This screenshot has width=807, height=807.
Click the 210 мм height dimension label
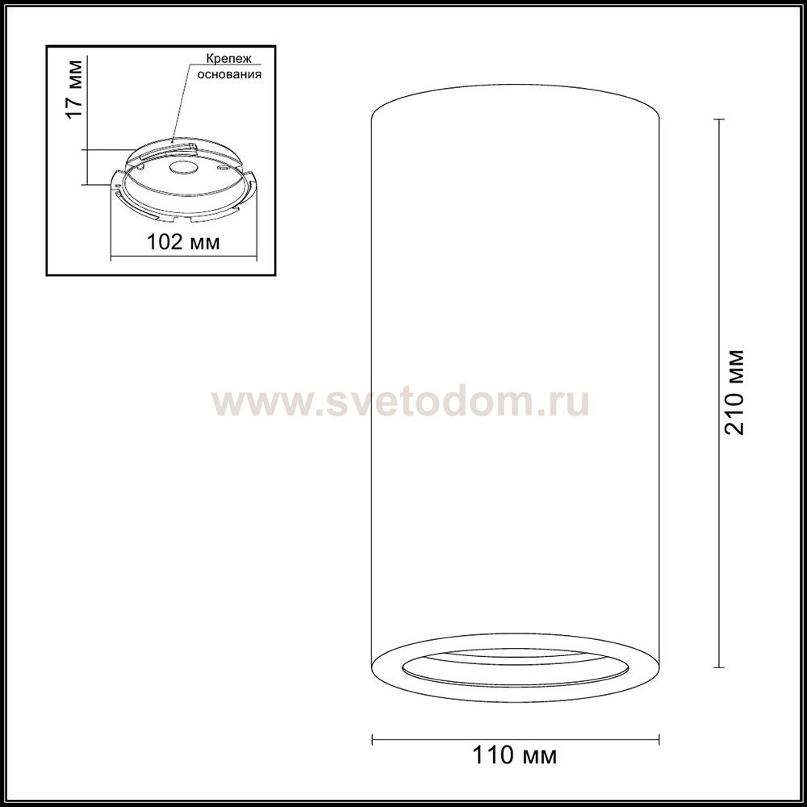[x=734, y=392]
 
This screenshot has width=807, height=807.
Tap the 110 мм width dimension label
[x=514, y=755]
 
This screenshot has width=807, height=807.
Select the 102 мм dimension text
[x=183, y=241]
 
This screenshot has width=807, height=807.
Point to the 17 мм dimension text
[x=74, y=90]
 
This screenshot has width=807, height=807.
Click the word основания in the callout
[x=229, y=74]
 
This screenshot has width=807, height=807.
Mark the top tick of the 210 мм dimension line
[x=718, y=119]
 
